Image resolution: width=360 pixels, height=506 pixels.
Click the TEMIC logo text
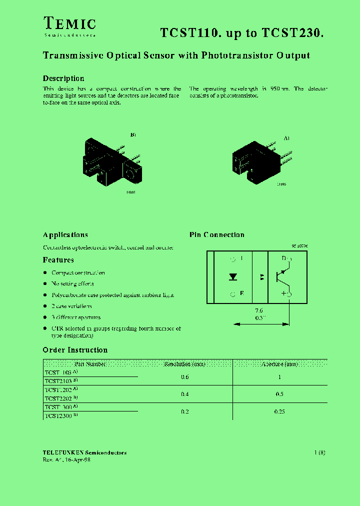coord(69,23)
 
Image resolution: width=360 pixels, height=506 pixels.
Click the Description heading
coord(63,78)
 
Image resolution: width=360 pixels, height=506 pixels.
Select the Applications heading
coord(65,235)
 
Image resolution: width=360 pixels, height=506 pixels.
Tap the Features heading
coord(58,260)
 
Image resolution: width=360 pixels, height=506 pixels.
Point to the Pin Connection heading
coord(217,235)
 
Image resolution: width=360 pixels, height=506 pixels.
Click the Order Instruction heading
coord(75,350)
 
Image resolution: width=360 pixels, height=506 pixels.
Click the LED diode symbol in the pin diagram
coord(233,276)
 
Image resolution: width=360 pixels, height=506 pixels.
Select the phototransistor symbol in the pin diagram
coord(281,276)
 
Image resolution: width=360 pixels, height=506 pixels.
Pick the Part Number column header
coord(90,364)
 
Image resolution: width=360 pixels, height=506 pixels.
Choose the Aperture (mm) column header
coord(279,364)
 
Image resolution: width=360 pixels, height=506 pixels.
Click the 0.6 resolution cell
coord(185,377)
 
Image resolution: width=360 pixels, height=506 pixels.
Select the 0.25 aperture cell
coord(279,411)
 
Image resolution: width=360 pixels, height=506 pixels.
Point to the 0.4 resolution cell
coord(185,394)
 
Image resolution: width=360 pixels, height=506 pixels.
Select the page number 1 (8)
coord(320,453)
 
